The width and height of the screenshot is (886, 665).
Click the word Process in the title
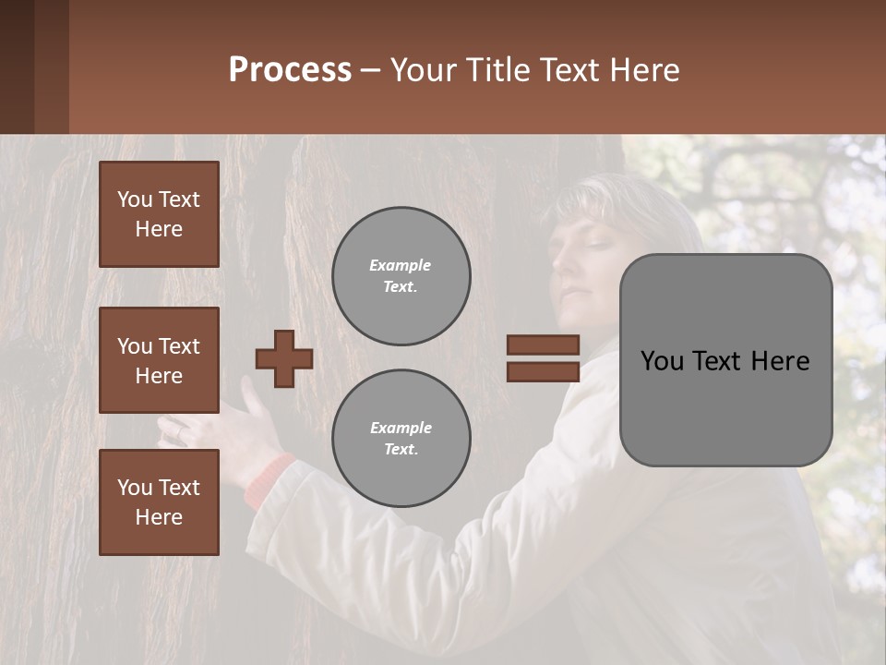290,70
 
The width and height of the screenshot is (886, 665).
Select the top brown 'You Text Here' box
159,214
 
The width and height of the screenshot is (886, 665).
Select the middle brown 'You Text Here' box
159,360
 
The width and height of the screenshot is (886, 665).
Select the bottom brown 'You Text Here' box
159,502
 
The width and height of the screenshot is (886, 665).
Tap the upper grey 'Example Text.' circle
401,276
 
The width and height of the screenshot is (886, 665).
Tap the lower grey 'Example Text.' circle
401,439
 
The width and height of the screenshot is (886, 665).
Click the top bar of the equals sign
543,345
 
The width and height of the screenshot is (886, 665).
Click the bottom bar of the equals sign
543,371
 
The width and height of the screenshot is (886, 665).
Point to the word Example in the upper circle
401,265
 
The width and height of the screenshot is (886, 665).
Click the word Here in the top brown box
159,229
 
